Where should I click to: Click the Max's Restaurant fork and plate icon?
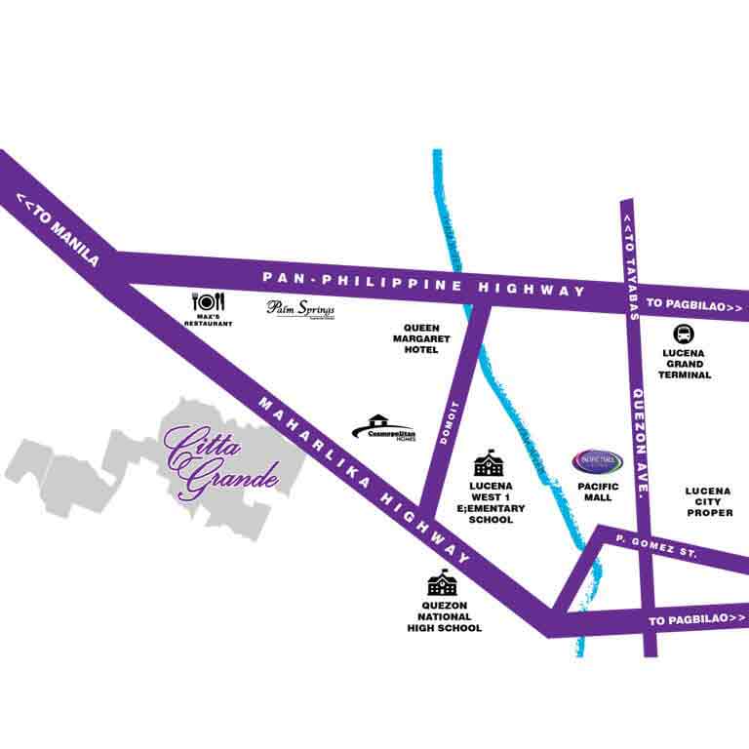coord(212,303)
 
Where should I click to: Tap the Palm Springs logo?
coord(301,309)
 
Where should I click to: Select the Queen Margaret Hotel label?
coord(415,339)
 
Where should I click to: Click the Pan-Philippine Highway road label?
coord(423,284)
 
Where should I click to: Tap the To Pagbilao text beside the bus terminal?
coord(695,307)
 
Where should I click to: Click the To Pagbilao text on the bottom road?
coord(695,621)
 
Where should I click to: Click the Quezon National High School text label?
coord(444,617)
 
